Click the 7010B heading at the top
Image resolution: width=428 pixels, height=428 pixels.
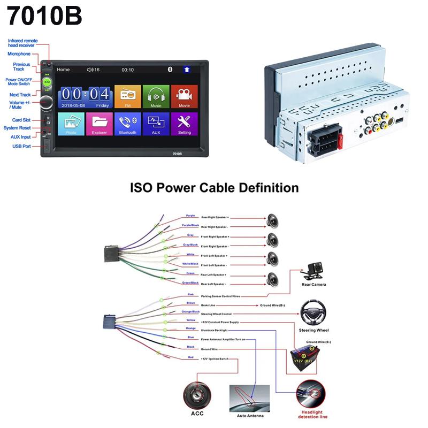[x=44, y=16]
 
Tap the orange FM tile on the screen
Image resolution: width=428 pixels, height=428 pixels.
[x=128, y=96]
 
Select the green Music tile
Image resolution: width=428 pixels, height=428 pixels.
[x=156, y=96]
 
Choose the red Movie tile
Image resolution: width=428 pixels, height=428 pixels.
[x=185, y=96]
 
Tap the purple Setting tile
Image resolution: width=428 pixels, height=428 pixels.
[x=185, y=124]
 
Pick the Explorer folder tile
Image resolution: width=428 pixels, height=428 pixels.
[x=100, y=124]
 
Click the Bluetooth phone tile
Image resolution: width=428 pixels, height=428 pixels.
[x=128, y=124]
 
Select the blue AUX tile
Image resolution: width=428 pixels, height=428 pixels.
[x=156, y=124]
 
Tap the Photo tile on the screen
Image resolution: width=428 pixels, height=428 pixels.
[x=71, y=124]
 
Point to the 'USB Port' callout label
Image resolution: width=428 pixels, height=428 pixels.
[x=22, y=146]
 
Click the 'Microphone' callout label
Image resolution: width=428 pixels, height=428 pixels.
[x=19, y=53]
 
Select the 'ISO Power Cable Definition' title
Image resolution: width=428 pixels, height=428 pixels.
[x=215, y=188]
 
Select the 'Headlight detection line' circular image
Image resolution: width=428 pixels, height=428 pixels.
[x=312, y=396]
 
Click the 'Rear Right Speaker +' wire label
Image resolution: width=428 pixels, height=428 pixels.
[x=215, y=218]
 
